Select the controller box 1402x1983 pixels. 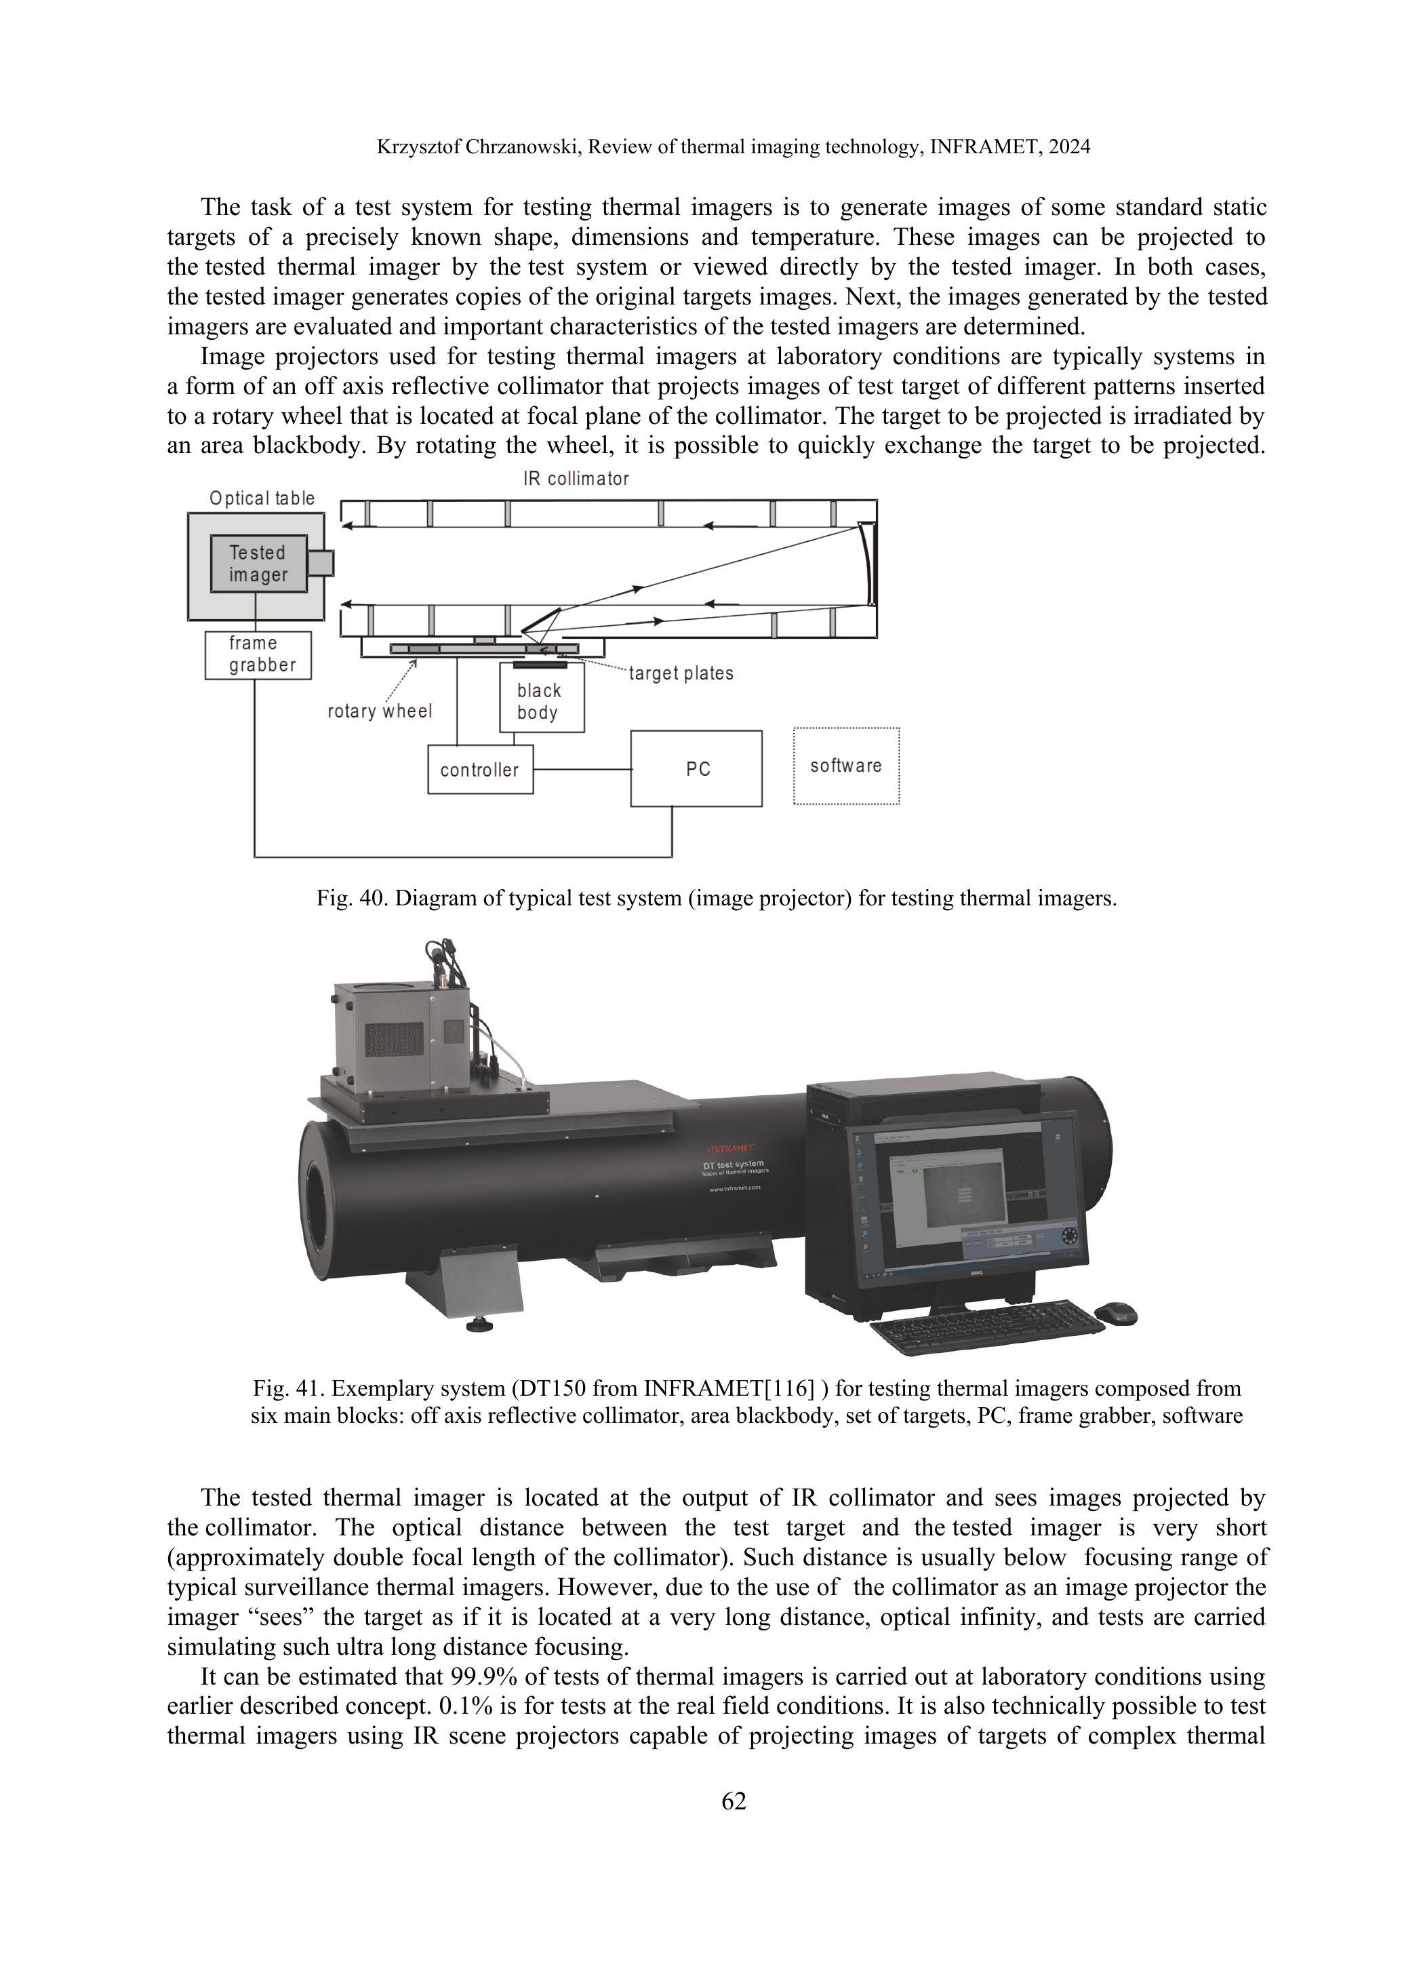coord(480,770)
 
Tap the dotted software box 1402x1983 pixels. coord(846,766)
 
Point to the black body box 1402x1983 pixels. coord(540,701)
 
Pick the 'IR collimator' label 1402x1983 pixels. coord(576,479)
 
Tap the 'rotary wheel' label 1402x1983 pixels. coord(380,711)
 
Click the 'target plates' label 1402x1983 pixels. coord(681,673)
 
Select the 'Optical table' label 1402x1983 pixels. coord(262,498)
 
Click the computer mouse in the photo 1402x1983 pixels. coord(1115,1313)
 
